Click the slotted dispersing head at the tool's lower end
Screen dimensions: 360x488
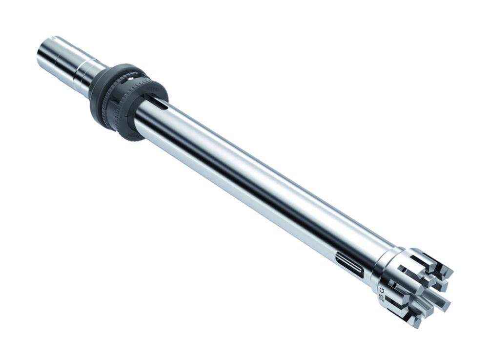tap(415, 288)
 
